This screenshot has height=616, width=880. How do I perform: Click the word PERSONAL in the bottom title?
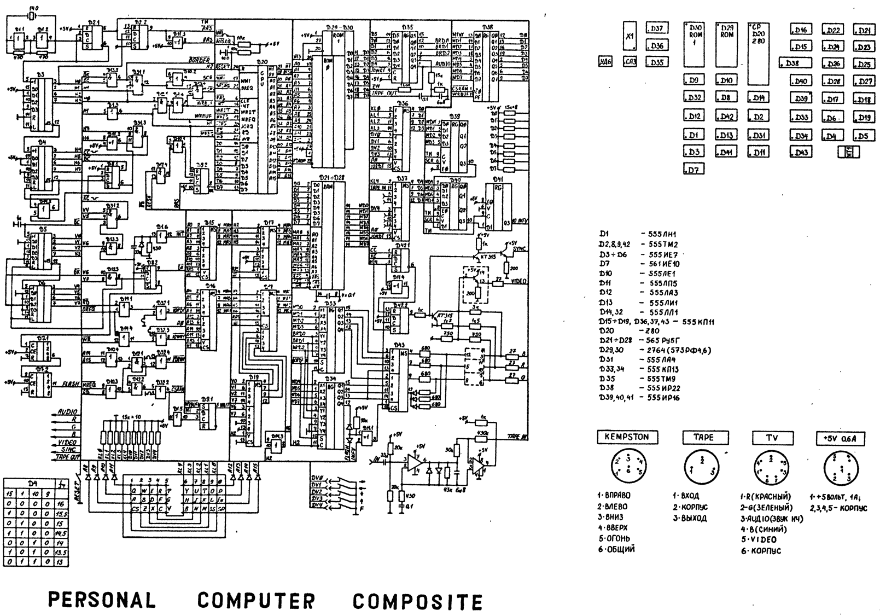[102, 600]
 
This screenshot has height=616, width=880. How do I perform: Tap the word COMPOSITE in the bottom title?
[417, 601]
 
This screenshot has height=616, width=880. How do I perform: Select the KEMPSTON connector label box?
[626, 437]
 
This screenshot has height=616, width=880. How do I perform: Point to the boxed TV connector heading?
[771, 438]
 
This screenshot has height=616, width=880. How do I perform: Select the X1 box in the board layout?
[630, 37]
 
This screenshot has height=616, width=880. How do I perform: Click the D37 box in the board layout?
[657, 28]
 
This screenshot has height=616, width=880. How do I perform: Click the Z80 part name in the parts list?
[652, 331]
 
